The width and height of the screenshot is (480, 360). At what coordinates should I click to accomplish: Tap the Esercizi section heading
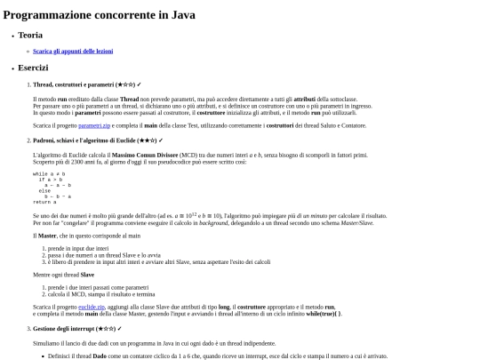(x=35, y=68)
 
